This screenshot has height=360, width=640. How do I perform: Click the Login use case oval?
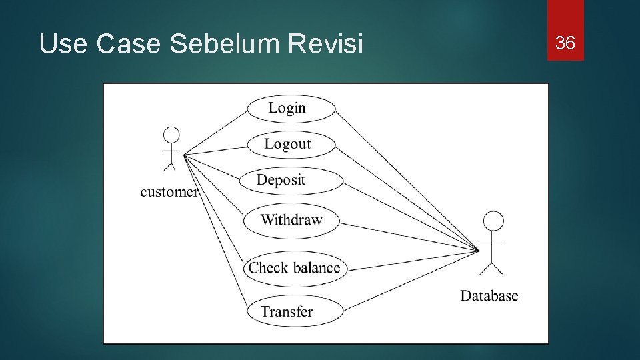click(291, 109)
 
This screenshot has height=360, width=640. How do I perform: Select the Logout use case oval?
click(291, 144)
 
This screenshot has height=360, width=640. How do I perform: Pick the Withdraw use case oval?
click(291, 220)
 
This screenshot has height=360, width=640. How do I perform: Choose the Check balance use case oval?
click(294, 268)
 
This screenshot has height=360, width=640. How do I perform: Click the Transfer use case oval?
click(294, 311)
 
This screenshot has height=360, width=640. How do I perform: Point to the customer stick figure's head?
click(172, 135)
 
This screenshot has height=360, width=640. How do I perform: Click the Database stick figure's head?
click(493, 221)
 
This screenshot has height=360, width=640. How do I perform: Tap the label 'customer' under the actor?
click(169, 192)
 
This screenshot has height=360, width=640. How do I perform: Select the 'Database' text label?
click(489, 295)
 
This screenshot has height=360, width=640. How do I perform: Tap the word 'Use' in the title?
click(63, 45)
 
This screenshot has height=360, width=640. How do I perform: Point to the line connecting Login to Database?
click(407, 181)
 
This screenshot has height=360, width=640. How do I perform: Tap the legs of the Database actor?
click(492, 269)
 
